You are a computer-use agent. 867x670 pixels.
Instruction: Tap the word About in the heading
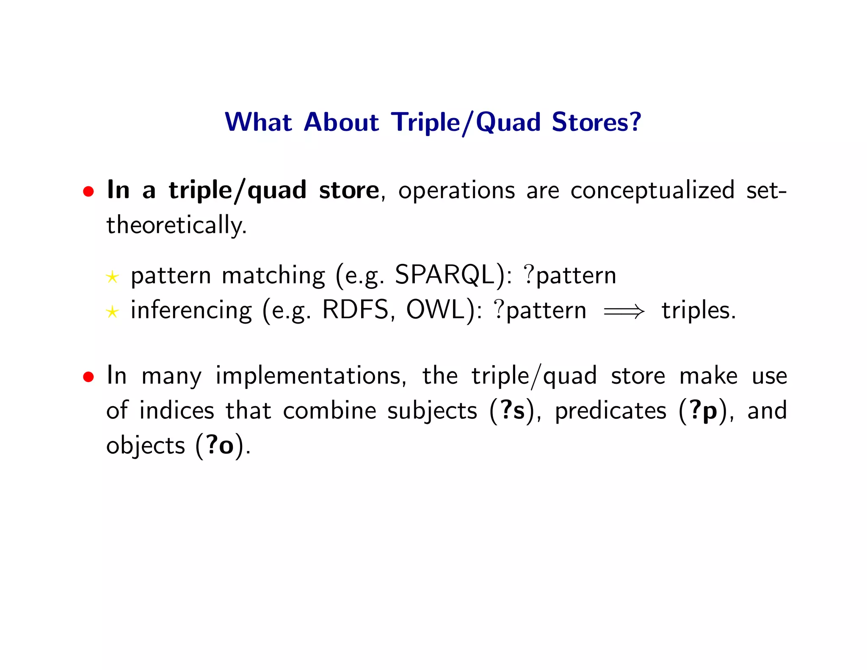coord(341,122)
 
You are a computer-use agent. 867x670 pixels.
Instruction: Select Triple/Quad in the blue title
coord(466,123)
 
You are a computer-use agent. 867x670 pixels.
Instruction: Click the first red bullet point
coord(88,192)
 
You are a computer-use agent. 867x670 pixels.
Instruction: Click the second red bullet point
coord(88,377)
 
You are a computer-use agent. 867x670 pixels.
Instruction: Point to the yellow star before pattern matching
coord(112,277)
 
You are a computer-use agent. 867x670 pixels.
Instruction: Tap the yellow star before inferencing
coord(112,313)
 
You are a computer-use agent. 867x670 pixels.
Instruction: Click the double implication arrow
coord(624,312)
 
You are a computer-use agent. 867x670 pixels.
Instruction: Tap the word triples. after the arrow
coord(699,310)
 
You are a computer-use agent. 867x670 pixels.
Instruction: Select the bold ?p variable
coord(703,411)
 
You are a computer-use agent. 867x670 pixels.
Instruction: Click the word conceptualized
coord(652,191)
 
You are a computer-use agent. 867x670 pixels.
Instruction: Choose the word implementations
coord(311,376)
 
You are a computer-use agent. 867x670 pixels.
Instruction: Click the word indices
coord(177,410)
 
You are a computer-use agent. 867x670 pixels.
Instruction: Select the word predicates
coord(610,411)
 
